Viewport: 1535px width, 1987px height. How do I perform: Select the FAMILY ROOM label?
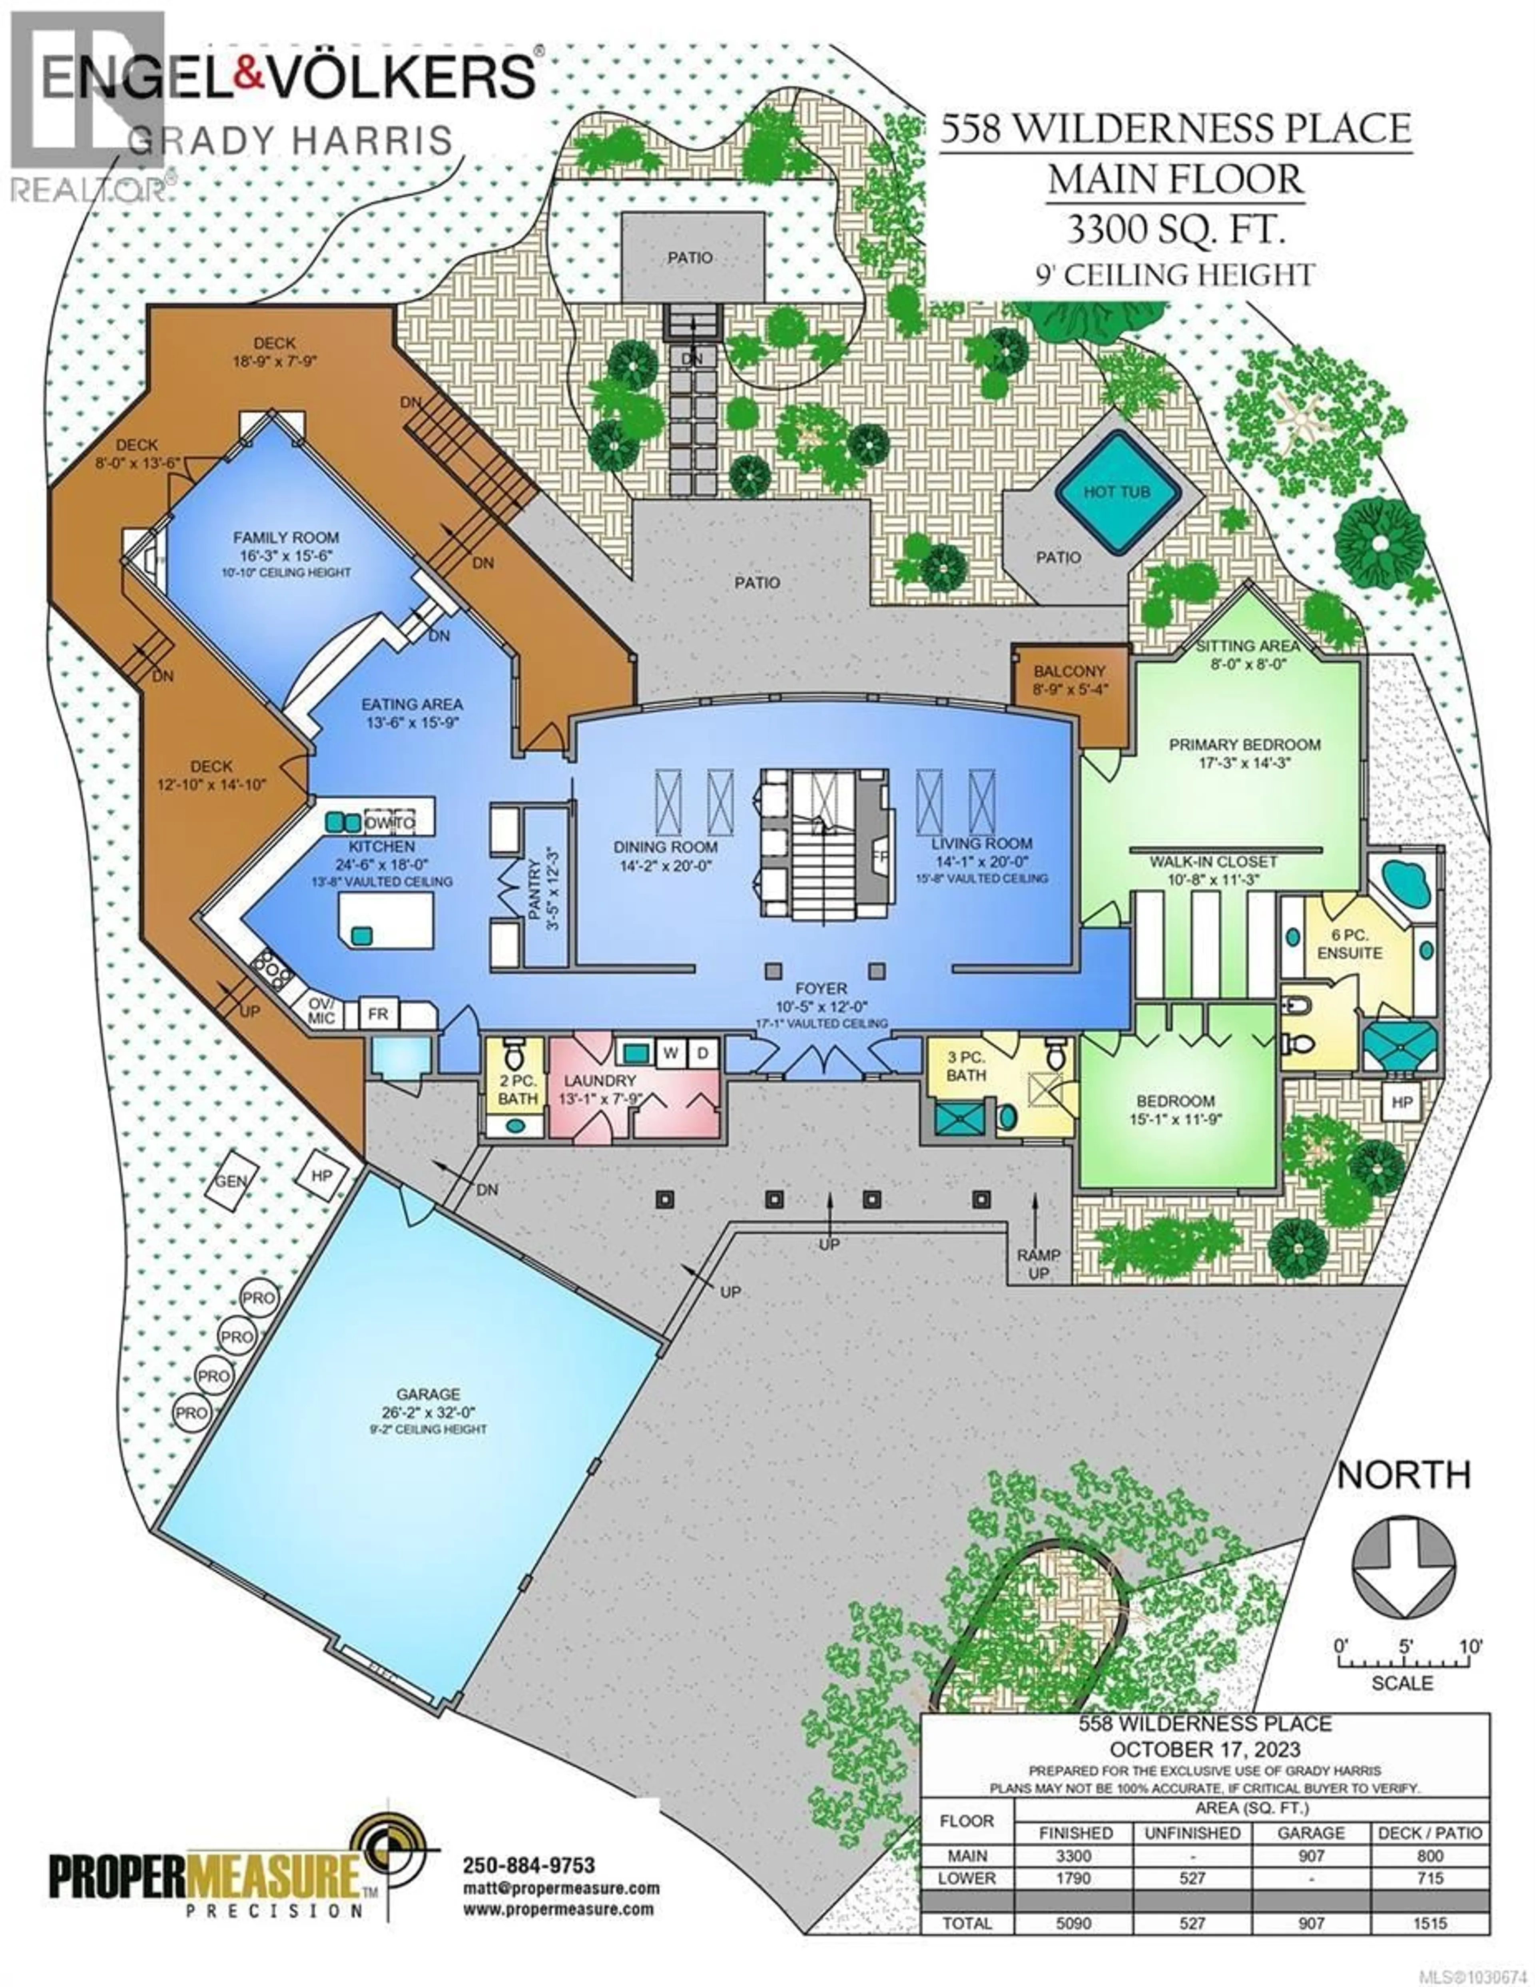tap(286, 538)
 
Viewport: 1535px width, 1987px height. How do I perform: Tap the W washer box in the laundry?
tap(671, 1052)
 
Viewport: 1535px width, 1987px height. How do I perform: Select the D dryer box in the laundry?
tap(702, 1052)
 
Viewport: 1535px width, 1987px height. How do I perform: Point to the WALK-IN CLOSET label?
tap(1213, 861)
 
